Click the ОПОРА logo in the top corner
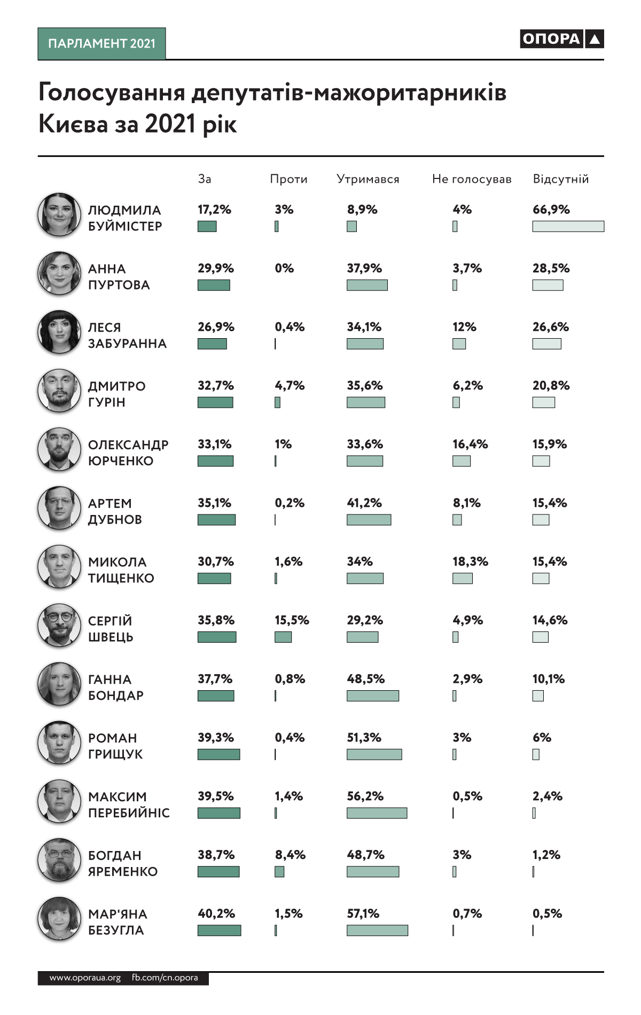(x=561, y=39)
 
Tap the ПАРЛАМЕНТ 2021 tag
(x=101, y=44)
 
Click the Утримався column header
(x=368, y=179)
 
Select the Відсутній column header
(x=561, y=179)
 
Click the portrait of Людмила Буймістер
(x=59, y=215)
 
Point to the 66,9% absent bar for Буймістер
(x=568, y=227)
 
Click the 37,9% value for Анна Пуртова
(x=364, y=268)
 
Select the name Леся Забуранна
(x=127, y=335)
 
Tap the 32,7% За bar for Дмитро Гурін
(x=215, y=402)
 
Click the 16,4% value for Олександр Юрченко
(x=470, y=444)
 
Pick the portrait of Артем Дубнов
(x=59, y=508)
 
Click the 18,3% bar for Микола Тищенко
(x=462, y=578)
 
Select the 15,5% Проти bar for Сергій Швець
(x=283, y=637)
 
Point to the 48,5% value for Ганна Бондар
(x=365, y=679)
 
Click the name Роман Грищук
(x=115, y=746)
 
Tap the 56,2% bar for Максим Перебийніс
(x=377, y=813)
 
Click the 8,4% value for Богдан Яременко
(x=290, y=855)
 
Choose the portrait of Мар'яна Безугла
(x=59, y=918)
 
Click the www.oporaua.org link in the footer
(x=85, y=978)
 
